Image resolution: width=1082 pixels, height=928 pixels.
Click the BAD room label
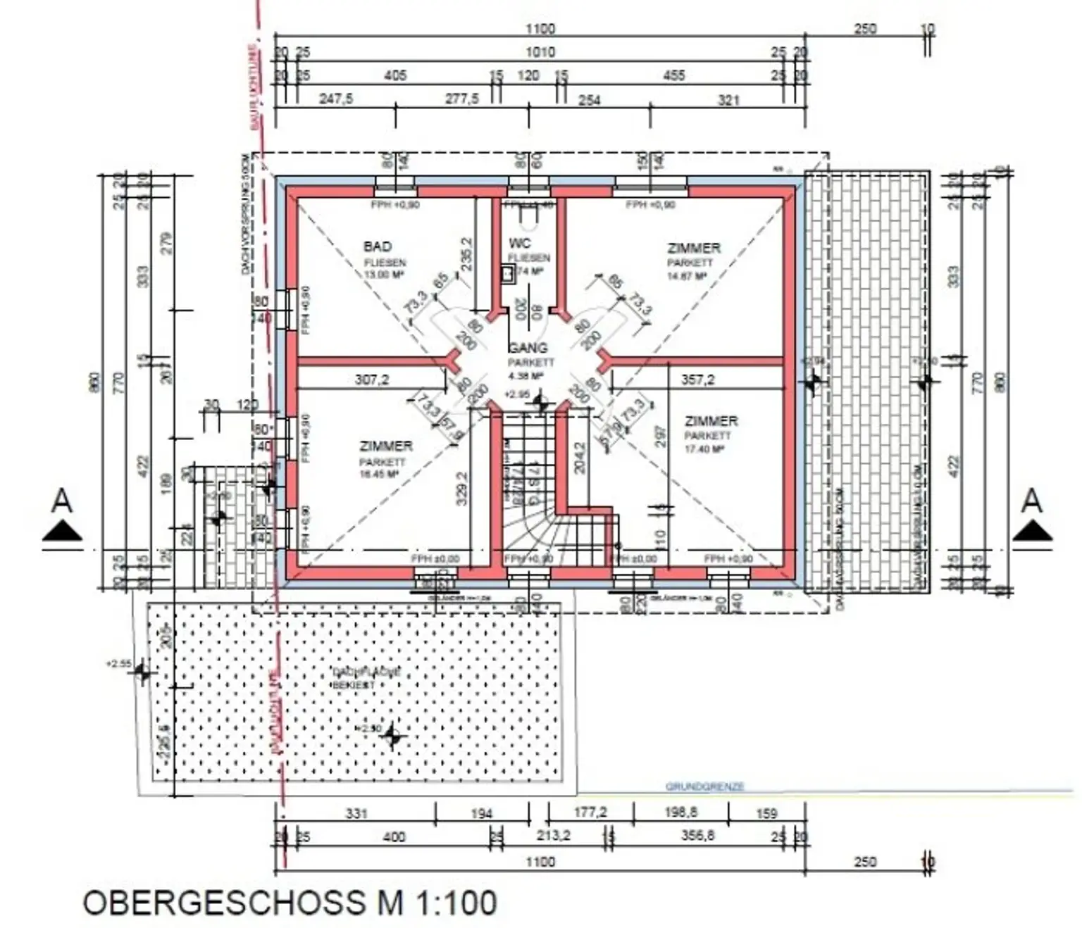tap(377, 246)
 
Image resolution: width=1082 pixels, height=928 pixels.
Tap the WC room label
tap(520, 244)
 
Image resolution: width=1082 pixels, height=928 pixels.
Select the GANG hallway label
tap(528, 348)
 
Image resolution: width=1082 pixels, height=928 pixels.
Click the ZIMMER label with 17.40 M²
tap(711, 421)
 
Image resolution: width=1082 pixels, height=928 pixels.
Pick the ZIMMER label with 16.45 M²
tap(386, 446)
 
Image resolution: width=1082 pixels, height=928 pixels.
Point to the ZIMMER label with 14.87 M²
tap(694, 248)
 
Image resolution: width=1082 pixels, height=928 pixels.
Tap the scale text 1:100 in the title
tap(456, 903)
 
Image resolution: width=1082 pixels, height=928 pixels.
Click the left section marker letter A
tap(62, 501)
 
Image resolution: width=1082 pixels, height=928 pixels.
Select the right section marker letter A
tap(1031, 501)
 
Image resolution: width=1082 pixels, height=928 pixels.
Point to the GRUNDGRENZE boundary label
tap(704, 786)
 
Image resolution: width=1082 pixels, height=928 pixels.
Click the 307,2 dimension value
tap(372, 380)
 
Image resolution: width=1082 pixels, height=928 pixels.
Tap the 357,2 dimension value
tap(697, 380)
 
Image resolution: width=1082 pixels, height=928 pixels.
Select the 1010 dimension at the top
tap(540, 52)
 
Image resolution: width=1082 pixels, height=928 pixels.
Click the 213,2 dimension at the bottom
tap(553, 836)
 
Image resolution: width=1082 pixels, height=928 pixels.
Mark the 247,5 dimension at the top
tap(336, 99)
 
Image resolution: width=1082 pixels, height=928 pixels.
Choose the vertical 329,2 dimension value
tap(463, 489)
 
